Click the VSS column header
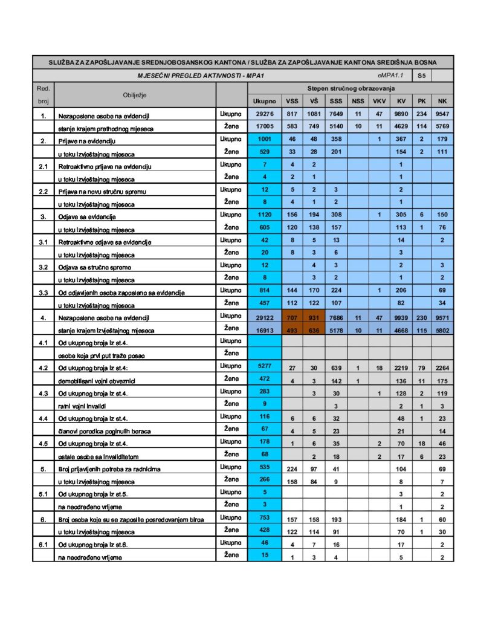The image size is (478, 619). tap(292, 101)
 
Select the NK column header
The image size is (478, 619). tap(442, 101)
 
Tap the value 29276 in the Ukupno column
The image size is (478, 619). tap(265, 114)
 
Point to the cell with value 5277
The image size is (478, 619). tap(265, 367)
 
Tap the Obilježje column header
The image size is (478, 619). tap(135, 95)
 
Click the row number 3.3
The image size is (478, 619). tap(43, 292)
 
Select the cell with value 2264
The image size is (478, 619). tap(442, 367)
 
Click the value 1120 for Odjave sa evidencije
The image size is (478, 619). tap(265, 215)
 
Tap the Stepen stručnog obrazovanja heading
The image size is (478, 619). tap(350, 88)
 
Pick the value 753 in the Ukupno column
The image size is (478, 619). tap(265, 519)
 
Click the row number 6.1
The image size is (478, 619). tap(43, 544)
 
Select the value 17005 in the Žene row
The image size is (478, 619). tap(265, 126)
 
